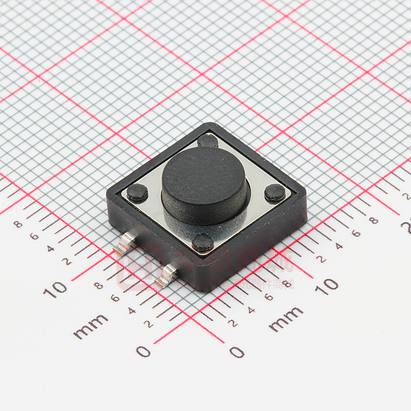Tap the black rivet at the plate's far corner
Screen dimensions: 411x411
coord(207,141)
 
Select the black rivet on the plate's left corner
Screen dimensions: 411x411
coord(137,192)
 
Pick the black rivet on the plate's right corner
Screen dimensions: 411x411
coord(275,192)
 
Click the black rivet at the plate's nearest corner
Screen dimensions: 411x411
coord(203,243)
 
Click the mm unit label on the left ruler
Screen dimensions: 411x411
coord(91,326)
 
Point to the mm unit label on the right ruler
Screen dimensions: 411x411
coord(286,319)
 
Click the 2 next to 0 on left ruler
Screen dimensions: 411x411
coord(149,323)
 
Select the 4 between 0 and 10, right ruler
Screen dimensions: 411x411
coord(251,310)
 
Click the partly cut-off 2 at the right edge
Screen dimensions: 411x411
coord(407,227)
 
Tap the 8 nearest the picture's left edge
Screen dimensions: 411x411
coord(18,223)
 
